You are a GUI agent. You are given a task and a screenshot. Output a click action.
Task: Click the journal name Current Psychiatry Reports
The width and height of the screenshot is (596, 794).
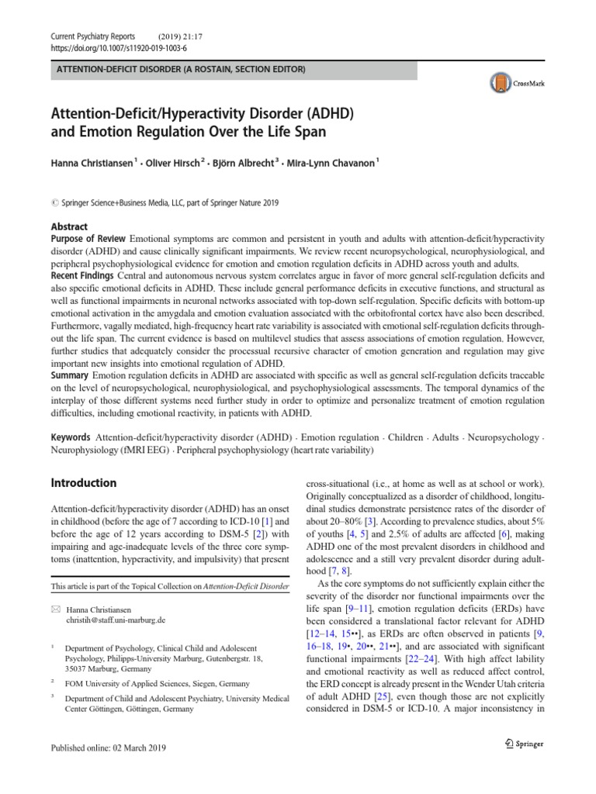(92, 36)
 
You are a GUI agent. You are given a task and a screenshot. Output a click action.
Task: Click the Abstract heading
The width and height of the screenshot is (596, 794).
(69, 226)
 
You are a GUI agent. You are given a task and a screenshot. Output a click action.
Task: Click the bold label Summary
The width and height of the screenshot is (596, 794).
(71, 375)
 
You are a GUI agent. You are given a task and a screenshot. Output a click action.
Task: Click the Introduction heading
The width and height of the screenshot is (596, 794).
(84, 482)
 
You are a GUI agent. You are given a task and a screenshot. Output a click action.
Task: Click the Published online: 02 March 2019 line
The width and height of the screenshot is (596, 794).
(108, 747)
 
